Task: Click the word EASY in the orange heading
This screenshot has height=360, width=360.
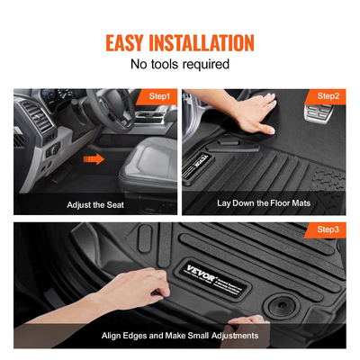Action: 131,42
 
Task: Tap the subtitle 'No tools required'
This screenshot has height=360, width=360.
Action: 180,65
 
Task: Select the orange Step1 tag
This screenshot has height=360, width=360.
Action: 159,95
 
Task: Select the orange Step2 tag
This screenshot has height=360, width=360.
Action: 328,95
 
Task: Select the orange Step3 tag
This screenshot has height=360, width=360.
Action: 328,230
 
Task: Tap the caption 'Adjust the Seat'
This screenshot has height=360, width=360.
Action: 95,204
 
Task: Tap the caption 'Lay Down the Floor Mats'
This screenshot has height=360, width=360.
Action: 265,204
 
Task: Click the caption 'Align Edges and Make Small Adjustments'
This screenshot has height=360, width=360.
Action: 180,336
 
